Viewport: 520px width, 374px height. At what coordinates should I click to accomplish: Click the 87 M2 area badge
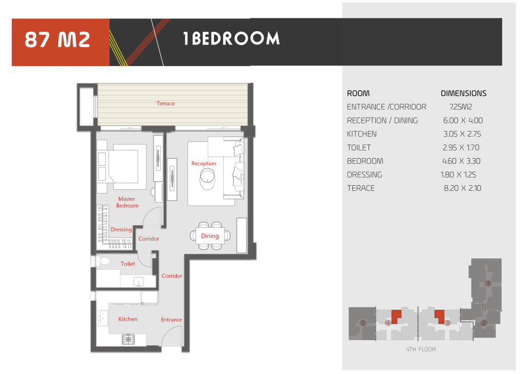(x=60, y=42)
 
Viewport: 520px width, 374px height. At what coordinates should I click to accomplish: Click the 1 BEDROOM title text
(x=231, y=38)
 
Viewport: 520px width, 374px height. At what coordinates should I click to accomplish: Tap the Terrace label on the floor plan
(x=165, y=103)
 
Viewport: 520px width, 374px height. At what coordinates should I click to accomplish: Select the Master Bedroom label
(x=127, y=202)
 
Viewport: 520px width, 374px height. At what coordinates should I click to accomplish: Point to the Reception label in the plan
(x=203, y=163)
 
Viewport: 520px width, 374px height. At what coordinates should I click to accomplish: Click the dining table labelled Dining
(x=210, y=236)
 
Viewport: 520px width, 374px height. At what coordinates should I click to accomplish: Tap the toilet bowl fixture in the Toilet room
(x=103, y=261)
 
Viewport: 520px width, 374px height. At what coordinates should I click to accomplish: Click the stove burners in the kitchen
(x=128, y=339)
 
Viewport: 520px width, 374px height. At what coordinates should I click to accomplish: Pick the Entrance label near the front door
(x=171, y=320)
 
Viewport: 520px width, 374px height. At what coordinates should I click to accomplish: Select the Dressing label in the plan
(x=121, y=229)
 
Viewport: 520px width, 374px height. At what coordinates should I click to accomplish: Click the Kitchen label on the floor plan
(x=127, y=319)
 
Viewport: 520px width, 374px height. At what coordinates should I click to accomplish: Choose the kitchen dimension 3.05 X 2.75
(x=462, y=134)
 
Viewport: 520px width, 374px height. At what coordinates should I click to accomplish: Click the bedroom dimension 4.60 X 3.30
(x=461, y=161)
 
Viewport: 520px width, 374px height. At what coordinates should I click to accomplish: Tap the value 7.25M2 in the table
(x=461, y=107)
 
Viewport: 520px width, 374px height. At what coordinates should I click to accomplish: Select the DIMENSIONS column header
(x=464, y=94)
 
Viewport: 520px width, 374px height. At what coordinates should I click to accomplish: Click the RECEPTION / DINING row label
(x=382, y=120)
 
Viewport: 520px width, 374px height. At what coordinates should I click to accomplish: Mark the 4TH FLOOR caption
(x=421, y=349)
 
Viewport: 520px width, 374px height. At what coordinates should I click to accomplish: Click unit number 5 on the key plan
(x=363, y=323)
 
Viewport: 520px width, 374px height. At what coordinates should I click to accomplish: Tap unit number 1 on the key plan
(x=488, y=283)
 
